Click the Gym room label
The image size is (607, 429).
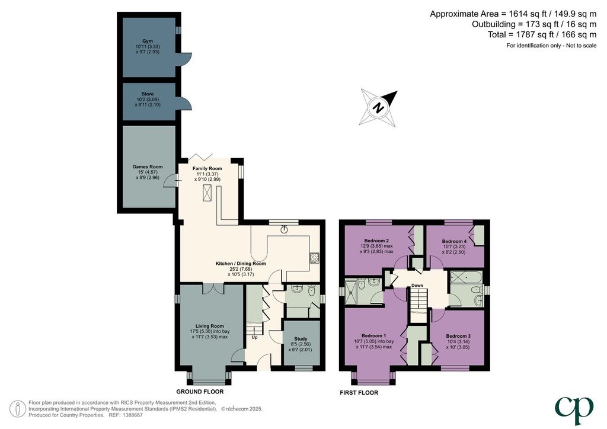click(148, 41)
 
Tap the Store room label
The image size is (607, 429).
click(148, 94)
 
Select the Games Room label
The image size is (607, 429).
click(148, 167)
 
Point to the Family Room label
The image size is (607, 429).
click(207, 169)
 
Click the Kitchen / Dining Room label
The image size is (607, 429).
click(241, 264)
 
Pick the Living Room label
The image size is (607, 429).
click(209, 326)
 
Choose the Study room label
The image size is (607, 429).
click(301, 339)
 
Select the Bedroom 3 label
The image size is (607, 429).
click(458, 336)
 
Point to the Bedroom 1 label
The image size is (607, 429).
click(374, 335)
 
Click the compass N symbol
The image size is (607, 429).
click(379, 107)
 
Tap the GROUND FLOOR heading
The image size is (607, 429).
click(200, 392)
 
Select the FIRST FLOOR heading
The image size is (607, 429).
click(359, 393)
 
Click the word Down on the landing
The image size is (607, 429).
click(417, 286)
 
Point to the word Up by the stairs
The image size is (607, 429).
click(255, 338)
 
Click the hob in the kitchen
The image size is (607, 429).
click(314, 258)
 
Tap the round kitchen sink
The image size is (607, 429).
click(285, 230)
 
